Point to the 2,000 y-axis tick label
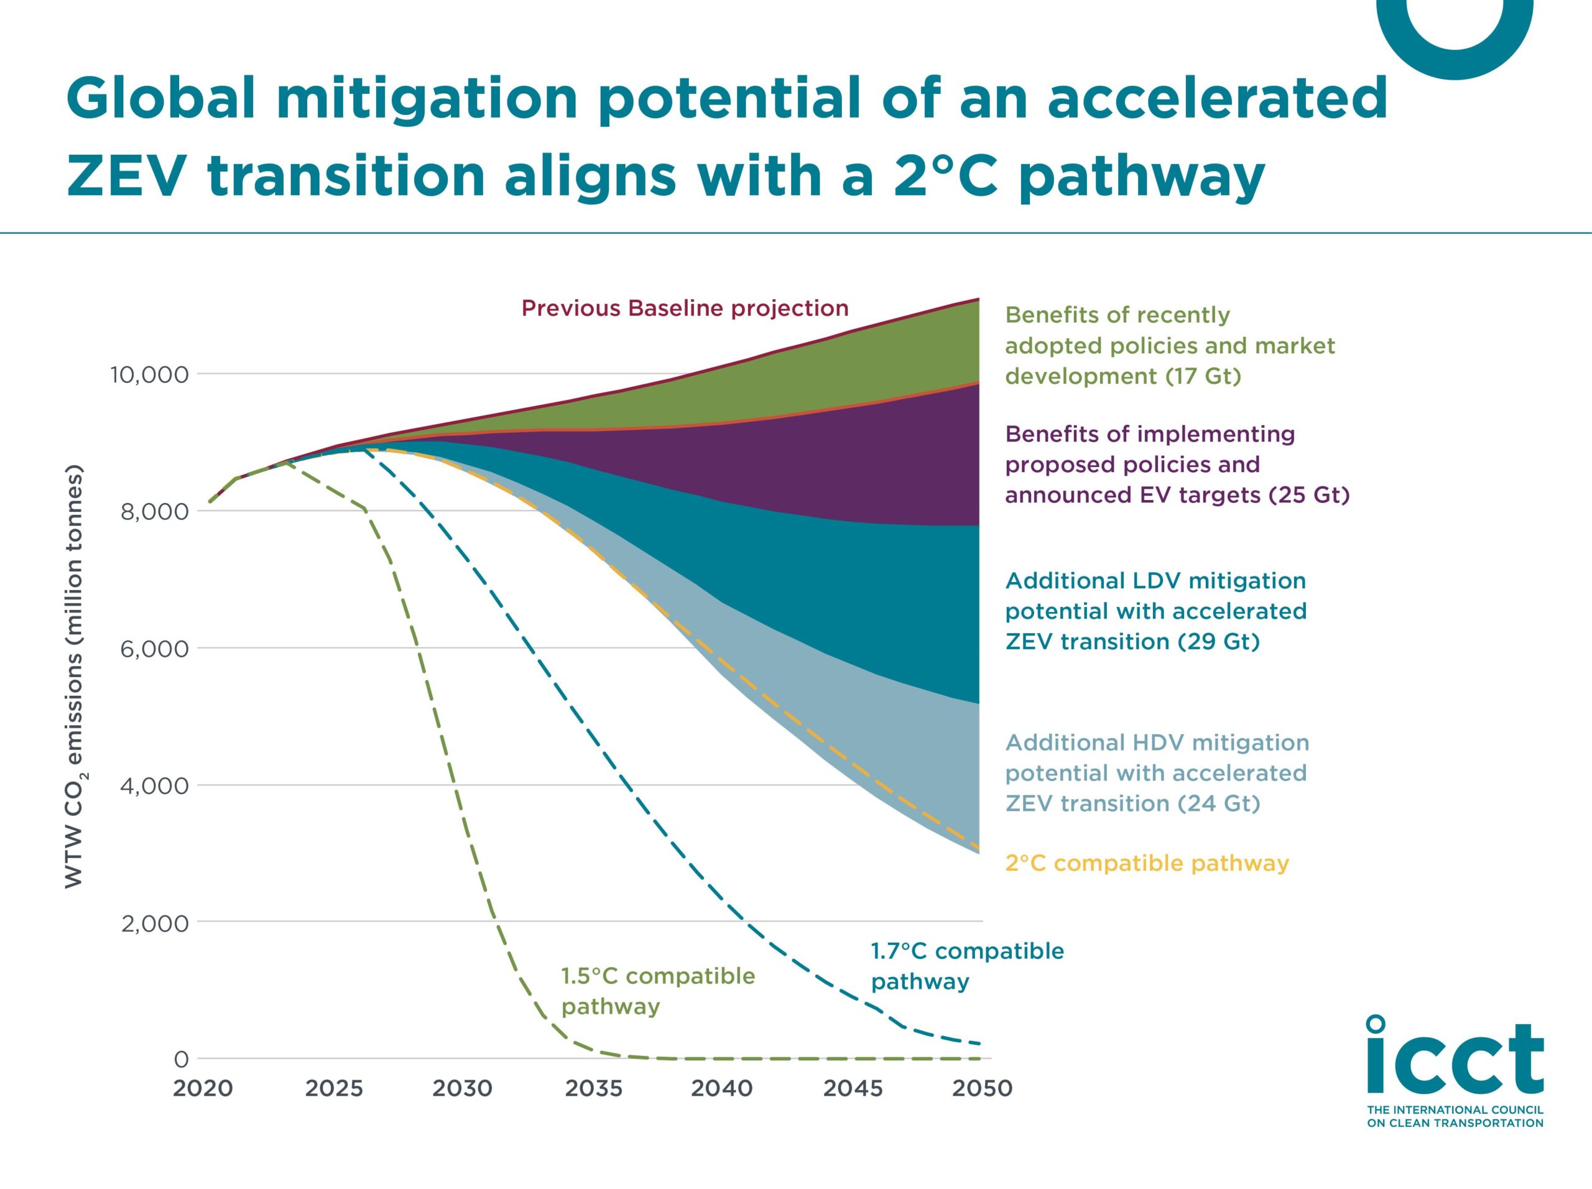(154, 923)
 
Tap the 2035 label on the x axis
(593, 1088)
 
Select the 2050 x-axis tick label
(982, 1088)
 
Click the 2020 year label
(202, 1088)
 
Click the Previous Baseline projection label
(685, 308)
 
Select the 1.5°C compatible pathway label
(657, 991)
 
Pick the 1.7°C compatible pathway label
(966, 966)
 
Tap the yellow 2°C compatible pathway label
(1147, 863)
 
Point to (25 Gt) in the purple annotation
(1308, 495)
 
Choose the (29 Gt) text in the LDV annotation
(1218, 641)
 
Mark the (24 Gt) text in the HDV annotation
(1218, 803)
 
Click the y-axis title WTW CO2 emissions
(75, 677)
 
